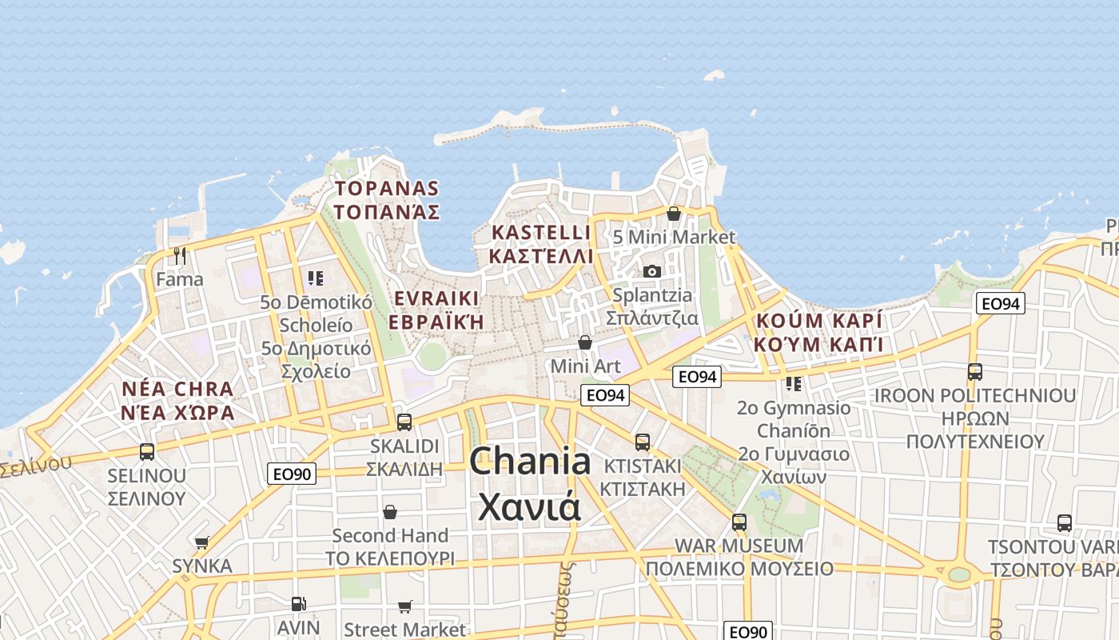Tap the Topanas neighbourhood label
tap(388, 200)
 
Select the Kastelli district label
tap(542, 244)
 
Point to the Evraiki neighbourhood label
tap(437, 310)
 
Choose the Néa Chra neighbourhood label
tap(178, 401)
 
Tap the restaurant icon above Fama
tap(180, 256)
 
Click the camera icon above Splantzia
tap(652, 271)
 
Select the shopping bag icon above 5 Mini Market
tap(674, 214)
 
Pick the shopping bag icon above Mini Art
tap(585, 342)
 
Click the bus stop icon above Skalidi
tap(404, 422)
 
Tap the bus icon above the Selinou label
tap(147, 452)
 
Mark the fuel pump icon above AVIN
tap(298, 604)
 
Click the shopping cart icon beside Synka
tap(201, 543)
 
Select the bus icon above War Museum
tap(739, 522)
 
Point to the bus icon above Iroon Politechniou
tap(974, 371)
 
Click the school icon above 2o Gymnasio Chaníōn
tap(794, 384)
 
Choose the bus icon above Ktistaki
tap(642, 442)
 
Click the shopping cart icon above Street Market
tap(405, 607)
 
